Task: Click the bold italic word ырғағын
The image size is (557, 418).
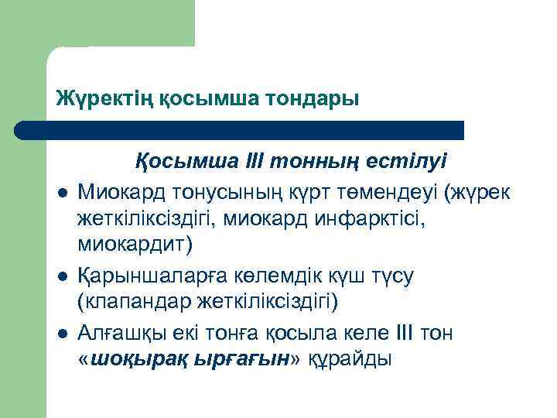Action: click(x=233, y=358)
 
